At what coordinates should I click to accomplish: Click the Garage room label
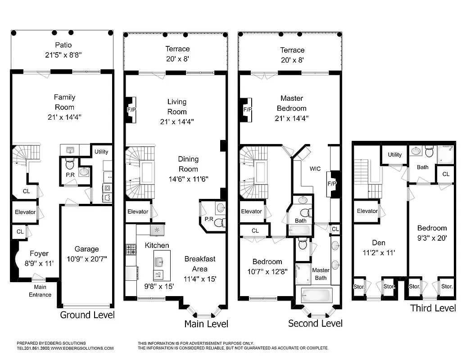point(86,249)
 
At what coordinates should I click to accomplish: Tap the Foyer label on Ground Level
point(39,253)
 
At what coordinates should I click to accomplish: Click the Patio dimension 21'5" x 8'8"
point(63,55)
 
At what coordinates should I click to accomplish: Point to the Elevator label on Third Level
point(367,211)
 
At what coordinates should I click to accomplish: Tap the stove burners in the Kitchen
point(130,249)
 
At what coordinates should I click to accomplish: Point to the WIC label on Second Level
point(315,169)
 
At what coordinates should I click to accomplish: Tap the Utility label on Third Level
point(394,155)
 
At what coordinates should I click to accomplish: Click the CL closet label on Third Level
point(445,174)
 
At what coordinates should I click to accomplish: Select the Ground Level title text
point(87,315)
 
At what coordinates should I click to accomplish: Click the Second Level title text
point(315,323)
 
